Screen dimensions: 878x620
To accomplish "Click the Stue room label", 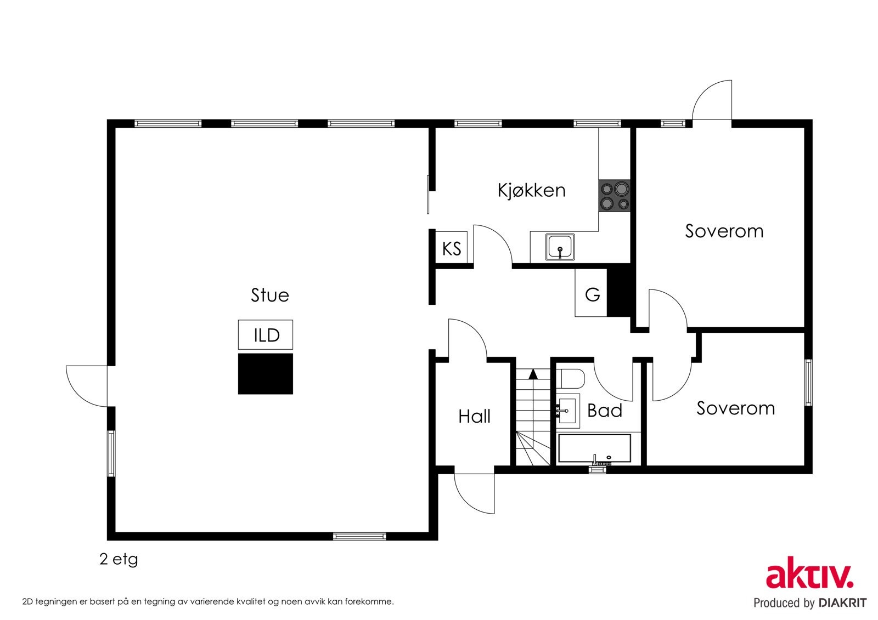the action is [x=269, y=295].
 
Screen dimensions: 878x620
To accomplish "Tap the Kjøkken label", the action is [x=532, y=190].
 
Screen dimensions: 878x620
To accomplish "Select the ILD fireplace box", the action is [x=266, y=335].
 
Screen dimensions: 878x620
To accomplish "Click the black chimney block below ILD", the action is [x=266, y=374].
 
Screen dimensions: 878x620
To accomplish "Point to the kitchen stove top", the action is [x=614, y=196].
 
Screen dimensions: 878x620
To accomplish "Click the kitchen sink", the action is [x=560, y=247].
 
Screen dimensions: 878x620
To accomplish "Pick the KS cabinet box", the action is [x=451, y=248].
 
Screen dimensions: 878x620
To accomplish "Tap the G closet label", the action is [x=592, y=294].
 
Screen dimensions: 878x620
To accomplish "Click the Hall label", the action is [x=474, y=416].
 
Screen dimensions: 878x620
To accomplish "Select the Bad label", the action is [x=604, y=411].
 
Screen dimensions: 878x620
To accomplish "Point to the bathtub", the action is [x=595, y=448].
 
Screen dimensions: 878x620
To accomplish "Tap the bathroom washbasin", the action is [x=568, y=411].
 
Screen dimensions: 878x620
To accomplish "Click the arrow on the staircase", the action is [x=533, y=374].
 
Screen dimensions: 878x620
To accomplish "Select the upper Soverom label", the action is [x=724, y=231].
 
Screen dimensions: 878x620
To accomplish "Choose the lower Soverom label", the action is [x=736, y=408].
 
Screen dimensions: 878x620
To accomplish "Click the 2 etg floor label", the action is [x=119, y=559].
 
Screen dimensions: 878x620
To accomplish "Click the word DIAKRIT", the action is [x=842, y=603].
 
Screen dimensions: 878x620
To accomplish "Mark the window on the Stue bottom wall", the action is [x=359, y=537].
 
